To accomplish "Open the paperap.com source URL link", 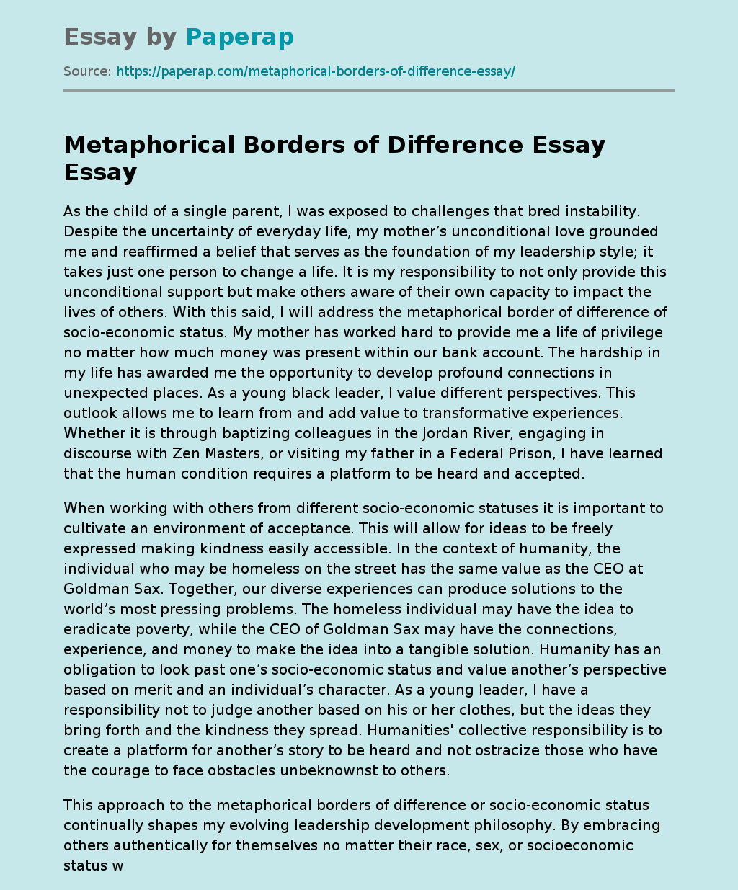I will (x=316, y=71).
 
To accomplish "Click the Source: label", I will (x=87, y=71).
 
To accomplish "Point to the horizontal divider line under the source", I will (x=369, y=91).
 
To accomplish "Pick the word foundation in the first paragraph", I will (x=416, y=252).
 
